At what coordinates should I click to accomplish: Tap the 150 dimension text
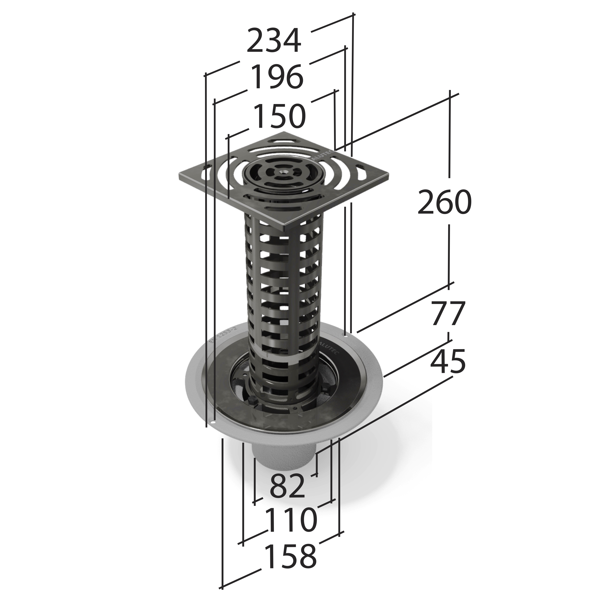coord(279,116)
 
